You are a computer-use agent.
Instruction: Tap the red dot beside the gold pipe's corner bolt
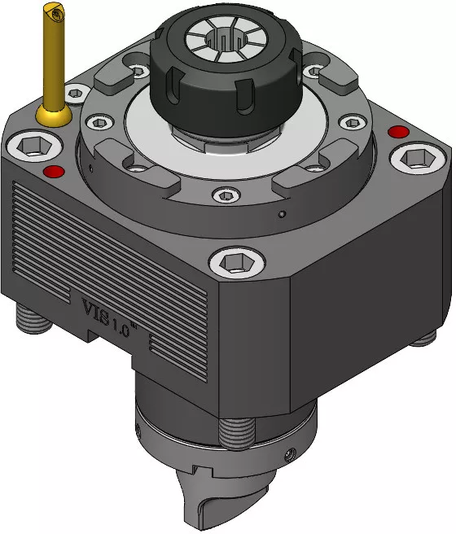pos(55,171)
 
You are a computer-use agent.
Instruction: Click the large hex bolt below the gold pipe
pos(34,147)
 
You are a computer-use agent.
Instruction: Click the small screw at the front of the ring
pos(226,195)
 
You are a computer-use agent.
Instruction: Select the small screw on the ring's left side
pos(99,122)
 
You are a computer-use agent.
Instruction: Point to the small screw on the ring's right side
pos(353,123)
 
